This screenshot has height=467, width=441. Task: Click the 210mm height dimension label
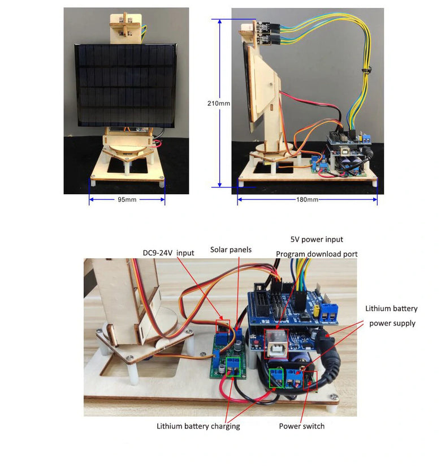pos(219,104)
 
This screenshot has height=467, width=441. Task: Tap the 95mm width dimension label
pos(127,200)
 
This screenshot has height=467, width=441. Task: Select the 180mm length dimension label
pos(306,200)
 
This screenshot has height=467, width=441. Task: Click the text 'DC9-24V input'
pos(167,252)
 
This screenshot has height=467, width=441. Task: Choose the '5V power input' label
pos(317,239)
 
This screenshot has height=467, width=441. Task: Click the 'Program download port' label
pos(317,254)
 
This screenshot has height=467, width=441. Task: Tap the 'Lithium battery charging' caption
pos(198,426)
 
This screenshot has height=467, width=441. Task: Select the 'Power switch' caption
pos(301,426)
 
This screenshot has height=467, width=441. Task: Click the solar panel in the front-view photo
pos(125,84)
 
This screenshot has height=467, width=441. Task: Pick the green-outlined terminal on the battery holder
pos(277,378)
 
